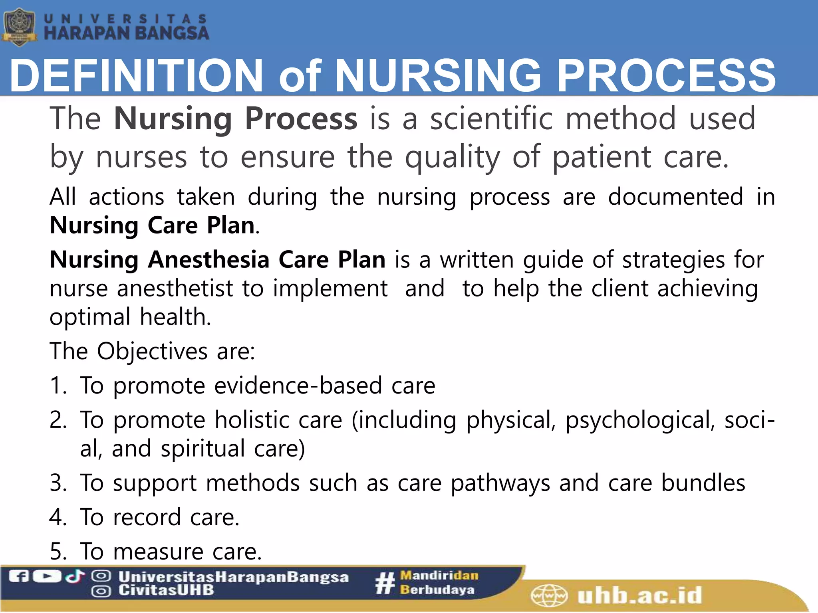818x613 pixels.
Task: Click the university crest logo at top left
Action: (x=19, y=28)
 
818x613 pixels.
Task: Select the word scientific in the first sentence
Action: (x=491, y=119)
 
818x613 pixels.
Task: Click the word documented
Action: (x=675, y=197)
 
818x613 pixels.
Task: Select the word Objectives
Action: (x=152, y=351)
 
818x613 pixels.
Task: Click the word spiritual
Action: (x=203, y=449)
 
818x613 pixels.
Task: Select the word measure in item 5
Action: (x=158, y=552)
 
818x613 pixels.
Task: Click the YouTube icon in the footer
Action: (x=47, y=576)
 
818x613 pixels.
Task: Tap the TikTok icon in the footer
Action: (x=75, y=576)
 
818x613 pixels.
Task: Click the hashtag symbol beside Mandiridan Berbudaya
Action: (x=385, y=583)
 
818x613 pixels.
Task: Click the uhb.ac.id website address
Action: (x=639, y=596)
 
